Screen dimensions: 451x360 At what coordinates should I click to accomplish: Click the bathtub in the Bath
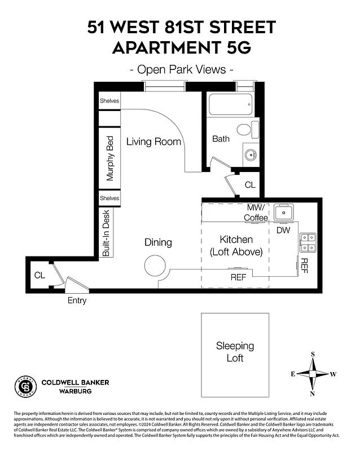pos(231,104)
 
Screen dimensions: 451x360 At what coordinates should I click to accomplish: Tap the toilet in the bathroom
pos(244,129)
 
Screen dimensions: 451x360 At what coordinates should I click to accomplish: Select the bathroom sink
pos(251,153)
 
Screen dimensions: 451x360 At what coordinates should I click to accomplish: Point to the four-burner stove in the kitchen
pos(308,242)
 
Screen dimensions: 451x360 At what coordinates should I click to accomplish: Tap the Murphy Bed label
pos(110,158)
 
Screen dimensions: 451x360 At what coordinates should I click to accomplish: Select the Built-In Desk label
pos(106,233)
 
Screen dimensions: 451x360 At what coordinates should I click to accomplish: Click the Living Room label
pos(153,142)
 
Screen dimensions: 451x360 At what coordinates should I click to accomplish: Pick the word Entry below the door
pos(77,300)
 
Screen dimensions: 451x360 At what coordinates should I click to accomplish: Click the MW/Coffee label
pos(256,213)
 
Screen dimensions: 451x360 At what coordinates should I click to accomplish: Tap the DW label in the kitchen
pos(283,230)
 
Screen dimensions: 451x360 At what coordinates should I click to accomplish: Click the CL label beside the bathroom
pos(249,184)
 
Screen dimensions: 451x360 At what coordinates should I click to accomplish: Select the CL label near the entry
pos(39,275)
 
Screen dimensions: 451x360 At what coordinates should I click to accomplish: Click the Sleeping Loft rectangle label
pos(235,351)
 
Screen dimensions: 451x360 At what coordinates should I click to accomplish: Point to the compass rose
pos(313,374)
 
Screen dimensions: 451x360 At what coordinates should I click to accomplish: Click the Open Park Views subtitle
pos(181,70)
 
